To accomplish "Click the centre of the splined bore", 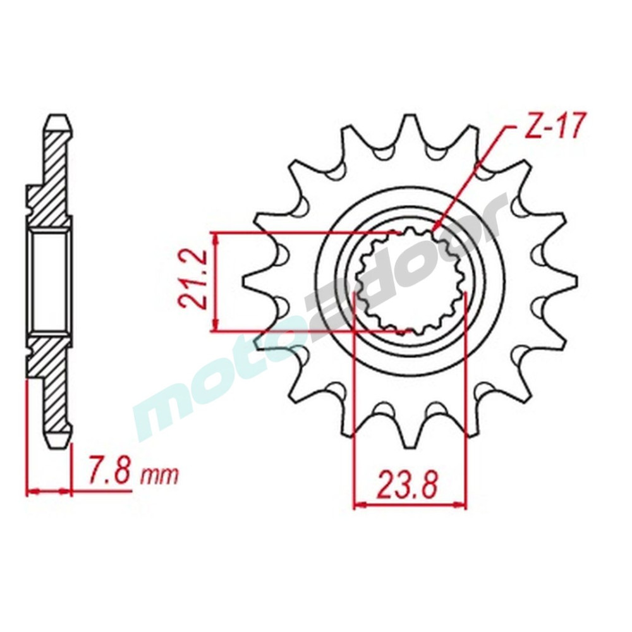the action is tap(410, 281).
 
